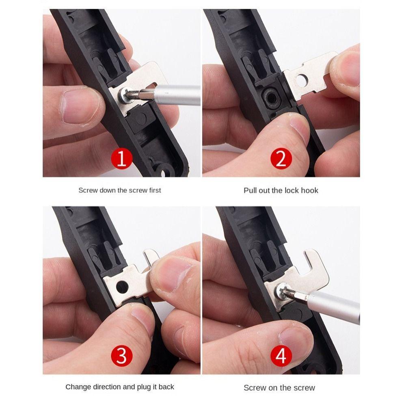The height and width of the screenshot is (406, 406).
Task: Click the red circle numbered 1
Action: pos(122,158)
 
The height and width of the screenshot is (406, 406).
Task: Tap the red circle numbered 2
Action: pos(281,158)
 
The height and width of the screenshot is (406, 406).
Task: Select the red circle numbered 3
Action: pos(122,356)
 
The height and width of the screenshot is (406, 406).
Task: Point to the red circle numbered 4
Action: pos(281,356)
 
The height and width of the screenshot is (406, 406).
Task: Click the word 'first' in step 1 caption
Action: pos(155,190)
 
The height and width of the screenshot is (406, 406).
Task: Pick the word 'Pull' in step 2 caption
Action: pos(250,190)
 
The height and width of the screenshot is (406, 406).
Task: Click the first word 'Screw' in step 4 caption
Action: pos(255,388)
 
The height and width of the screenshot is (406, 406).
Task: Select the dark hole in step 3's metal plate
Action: pos(122,287)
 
